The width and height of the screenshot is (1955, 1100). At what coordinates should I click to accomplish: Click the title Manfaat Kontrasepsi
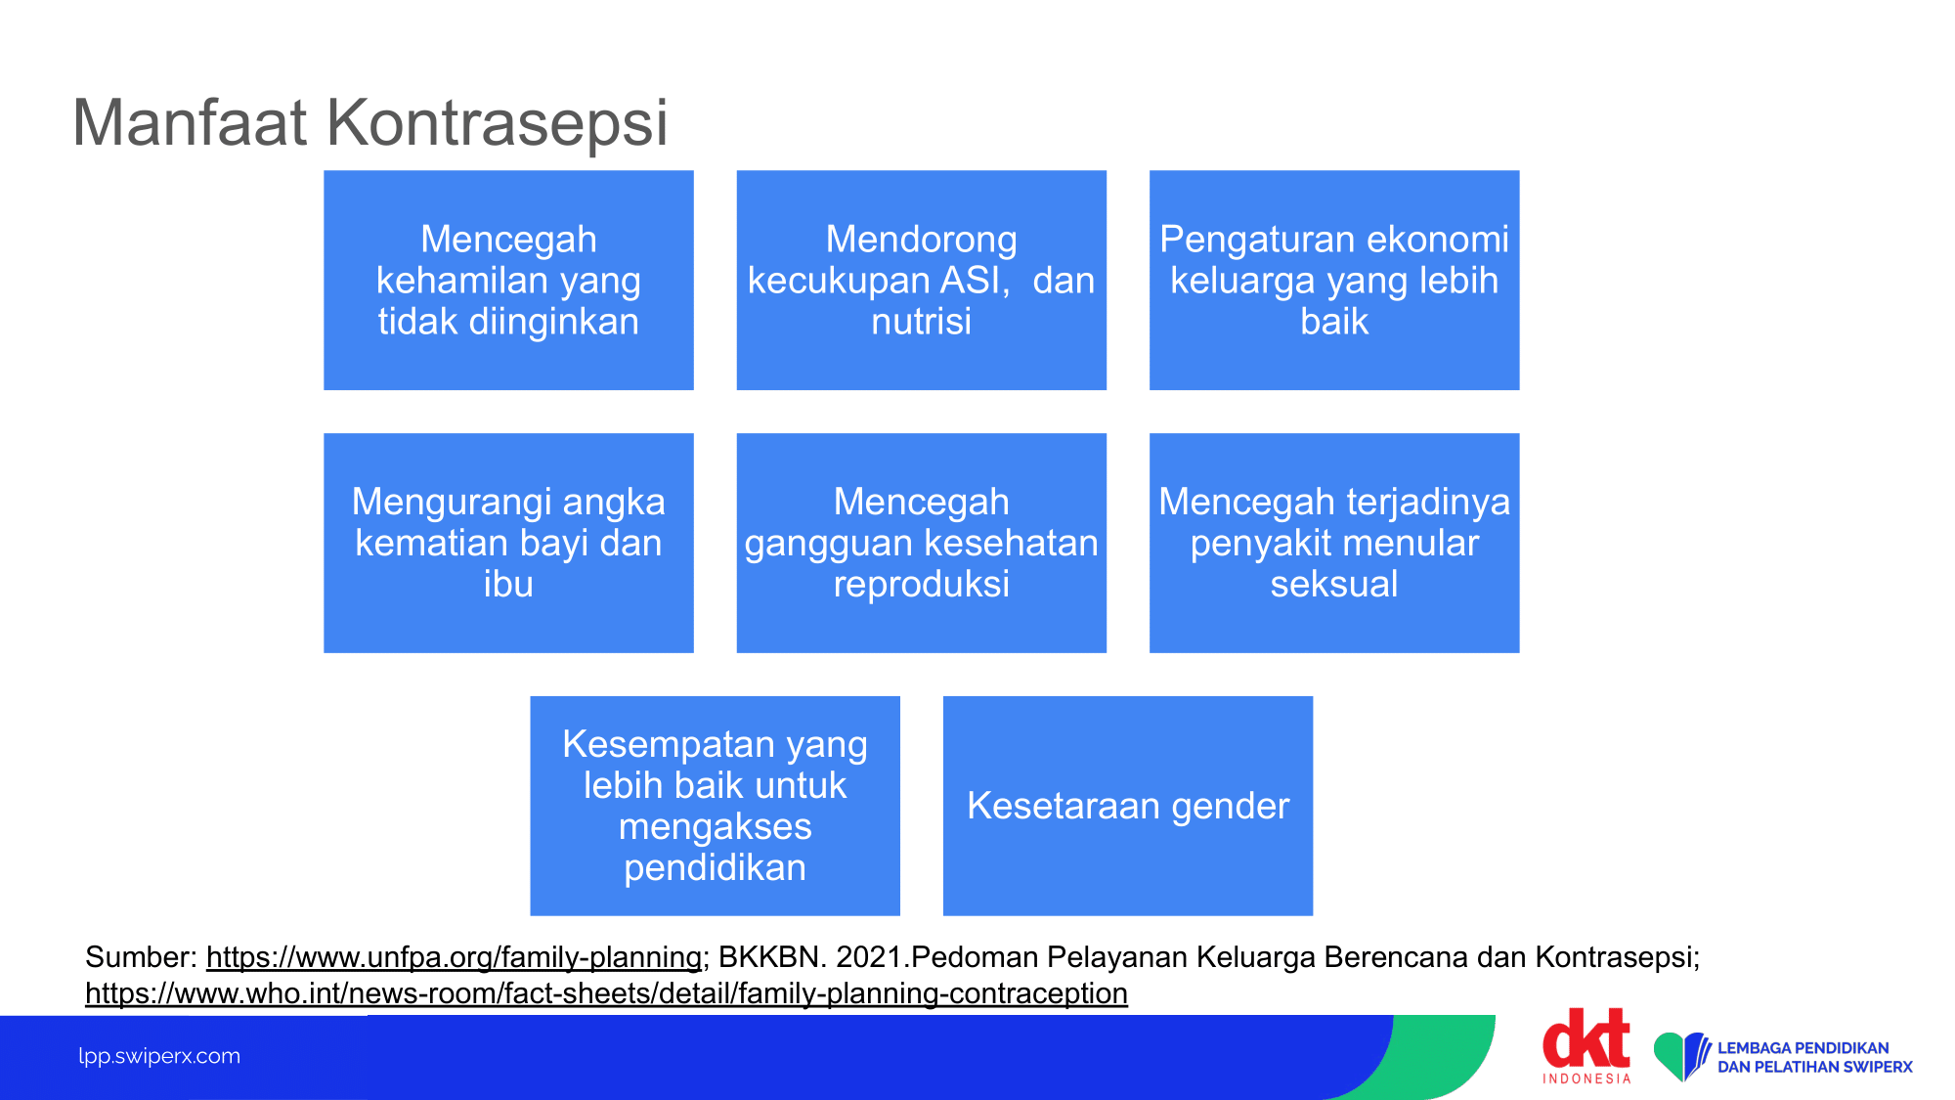pyautogui.click(x=369, y=123)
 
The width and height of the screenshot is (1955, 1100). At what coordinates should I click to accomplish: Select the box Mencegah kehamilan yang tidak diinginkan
pyautogui.click(x=508, y=280)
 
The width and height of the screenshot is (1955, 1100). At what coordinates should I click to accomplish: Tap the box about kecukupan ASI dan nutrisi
pyautogui.click(x=921, y=280)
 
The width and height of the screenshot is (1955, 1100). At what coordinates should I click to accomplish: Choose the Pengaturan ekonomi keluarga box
pyautogui.click(x=1334, y=280)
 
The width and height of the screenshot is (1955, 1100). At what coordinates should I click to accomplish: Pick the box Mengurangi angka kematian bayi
pyautogui.click(x=508, y=543)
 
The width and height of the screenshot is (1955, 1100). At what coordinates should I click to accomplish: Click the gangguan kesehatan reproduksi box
pyautogui.click(x=921, y=543)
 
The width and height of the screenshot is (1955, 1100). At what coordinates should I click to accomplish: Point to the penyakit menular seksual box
pyautogui.click(x=1334, y=543)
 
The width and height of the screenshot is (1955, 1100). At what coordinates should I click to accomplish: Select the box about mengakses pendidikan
pyautogui.click(x=715, y=806)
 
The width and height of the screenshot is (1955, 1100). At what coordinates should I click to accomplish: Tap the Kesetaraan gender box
pyautogui.click(x=1128, y=806)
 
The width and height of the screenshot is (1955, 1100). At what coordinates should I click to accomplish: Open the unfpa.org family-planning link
pyautogui.click(x=454, y=957)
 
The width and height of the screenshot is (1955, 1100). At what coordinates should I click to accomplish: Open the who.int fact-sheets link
pyautogui.click(x=606, y=993)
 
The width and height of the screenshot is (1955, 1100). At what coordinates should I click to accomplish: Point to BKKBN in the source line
pyautogui.click(x=772, y=957)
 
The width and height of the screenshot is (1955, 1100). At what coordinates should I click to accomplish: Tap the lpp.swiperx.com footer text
pyautogui.click(x=159, y=1056)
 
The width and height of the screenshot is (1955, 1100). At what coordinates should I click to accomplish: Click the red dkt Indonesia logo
pyautogui.click(x=1586, y=1045)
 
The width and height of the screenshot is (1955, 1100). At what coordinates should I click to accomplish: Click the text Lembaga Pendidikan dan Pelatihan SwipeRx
pyautogui.click(x=1814, y=1057)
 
